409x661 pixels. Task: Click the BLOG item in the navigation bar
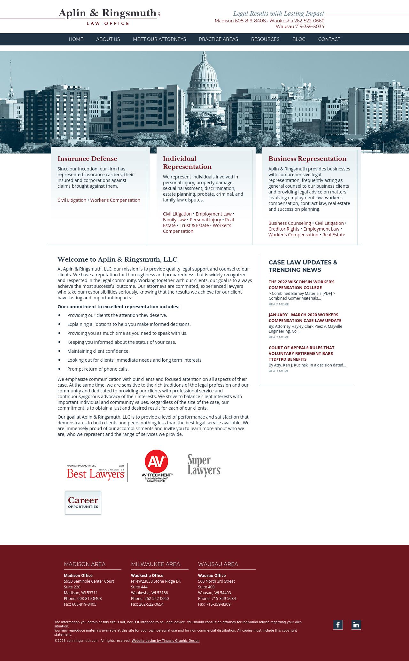299,39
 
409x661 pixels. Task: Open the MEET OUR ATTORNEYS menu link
159,39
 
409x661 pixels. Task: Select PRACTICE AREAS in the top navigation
218,39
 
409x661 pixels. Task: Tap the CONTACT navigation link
329,39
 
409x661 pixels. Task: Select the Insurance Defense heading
87,159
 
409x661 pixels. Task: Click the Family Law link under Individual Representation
174,220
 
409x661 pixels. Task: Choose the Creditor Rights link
284,229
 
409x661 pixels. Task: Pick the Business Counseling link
289,223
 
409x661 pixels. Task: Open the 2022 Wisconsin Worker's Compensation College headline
301,285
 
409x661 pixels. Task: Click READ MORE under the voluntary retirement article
279,371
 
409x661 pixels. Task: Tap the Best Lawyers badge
96,472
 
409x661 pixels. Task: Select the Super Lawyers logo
204,465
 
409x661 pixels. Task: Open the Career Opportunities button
83,503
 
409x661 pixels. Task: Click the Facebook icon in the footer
338,625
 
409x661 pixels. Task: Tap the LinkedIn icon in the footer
356,625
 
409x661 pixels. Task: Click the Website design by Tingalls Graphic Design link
166,641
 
